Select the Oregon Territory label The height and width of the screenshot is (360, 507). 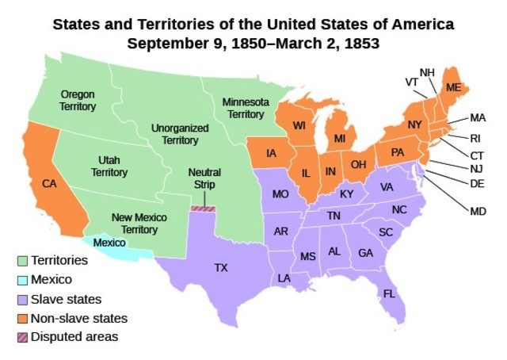[x=78, y=100]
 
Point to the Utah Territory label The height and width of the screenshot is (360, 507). [x=109, y=166]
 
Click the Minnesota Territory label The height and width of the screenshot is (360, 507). [x=246, y=109]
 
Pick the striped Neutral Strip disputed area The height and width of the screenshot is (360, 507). [x=204, y=209]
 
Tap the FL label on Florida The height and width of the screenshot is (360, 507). [x=389, y=293]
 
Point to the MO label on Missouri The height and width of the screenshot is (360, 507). [x=279, y=193]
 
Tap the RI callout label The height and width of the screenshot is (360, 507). [x=475, y=137]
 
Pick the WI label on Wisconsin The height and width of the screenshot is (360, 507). [x=299, y=126]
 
